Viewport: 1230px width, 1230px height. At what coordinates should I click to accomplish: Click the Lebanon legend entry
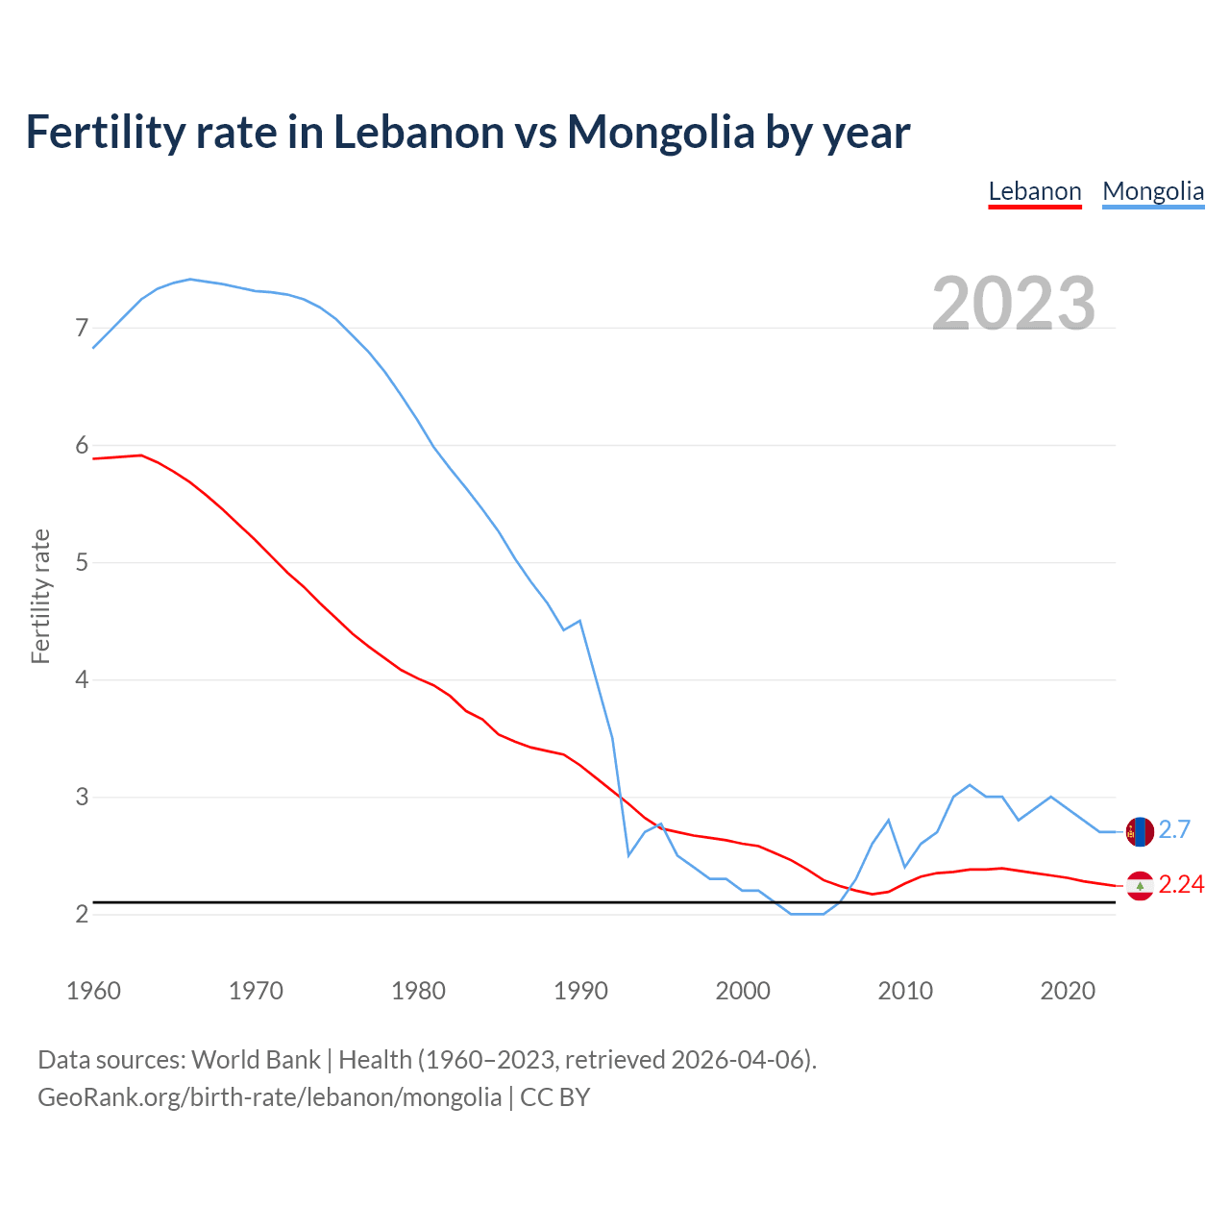(x=1035, y=191)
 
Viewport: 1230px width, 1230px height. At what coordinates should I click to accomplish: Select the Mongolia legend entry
(x=1153, y=191)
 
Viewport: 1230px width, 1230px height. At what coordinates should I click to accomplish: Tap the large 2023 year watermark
(x=1014, y=304)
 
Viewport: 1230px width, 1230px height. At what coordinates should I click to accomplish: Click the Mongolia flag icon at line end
(x=1140, y=831)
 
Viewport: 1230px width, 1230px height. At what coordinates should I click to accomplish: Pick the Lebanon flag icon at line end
(x=1140, y=885)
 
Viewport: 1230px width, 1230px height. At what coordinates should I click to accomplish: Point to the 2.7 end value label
(x=1174, y=830)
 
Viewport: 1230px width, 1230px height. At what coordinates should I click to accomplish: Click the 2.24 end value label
(x=1181, y=885)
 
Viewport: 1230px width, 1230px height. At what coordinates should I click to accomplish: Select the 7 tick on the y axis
(x=82, y=329)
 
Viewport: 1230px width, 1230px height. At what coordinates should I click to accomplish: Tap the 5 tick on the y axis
(x=82, y=562)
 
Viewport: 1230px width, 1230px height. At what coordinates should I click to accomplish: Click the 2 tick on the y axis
(x=82, y=914)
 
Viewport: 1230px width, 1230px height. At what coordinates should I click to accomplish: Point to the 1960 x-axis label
(x=93, y=991)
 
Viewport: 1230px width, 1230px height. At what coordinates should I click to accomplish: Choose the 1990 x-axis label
(x=580, y=991)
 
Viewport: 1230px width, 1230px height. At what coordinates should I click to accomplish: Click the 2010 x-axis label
(x=905, y=991)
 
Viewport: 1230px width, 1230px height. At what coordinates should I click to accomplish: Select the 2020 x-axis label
(x=1068, y=991)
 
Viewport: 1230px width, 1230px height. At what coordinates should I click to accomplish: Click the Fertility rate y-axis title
(x=40, y=596)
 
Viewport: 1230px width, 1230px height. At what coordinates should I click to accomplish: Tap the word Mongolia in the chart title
(x=661, y=133)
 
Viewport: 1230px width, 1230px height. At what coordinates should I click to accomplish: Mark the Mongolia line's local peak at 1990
(x=579, y=621)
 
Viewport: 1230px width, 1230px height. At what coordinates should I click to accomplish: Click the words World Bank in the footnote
(x=256, y=1060)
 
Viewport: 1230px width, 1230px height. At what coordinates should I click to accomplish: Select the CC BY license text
(x=554, y=1097)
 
